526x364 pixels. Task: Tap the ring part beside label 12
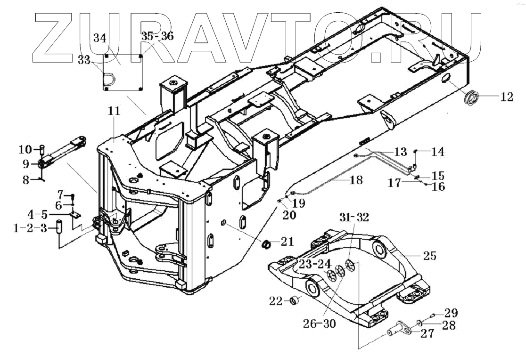(x=472, y=98)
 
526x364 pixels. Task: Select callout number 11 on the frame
(x=115, y=111)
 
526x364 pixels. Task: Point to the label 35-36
(x=157, y=36)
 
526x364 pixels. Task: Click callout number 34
(x=100, y=38)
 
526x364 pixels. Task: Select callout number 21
(x=287, y=242)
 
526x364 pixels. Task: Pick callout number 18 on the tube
(x=356, y=180)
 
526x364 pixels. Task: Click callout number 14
(x=438, y=152)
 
